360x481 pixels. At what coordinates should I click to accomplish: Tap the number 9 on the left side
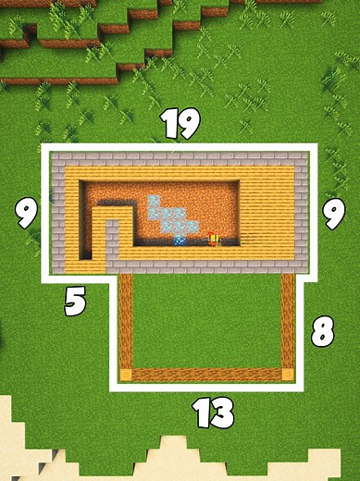(27, 214)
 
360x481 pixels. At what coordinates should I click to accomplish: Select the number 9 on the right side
(331, 214)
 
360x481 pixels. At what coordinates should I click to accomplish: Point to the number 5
(76, 302)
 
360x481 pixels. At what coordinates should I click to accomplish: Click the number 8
(322, 330)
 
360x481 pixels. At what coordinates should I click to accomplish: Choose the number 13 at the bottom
(213, 413)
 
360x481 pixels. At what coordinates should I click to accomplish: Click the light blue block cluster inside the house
(168, 216)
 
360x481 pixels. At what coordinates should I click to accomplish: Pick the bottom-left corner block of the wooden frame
(127, 376)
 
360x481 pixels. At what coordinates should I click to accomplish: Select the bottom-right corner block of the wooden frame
(287, 376)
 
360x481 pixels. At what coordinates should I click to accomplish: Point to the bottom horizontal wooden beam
(206, 376)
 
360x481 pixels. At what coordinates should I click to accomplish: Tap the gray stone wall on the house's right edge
(302, 213)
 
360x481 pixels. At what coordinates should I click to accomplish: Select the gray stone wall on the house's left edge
(57, 213)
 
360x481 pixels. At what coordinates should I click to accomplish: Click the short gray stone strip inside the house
(112, 242)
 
